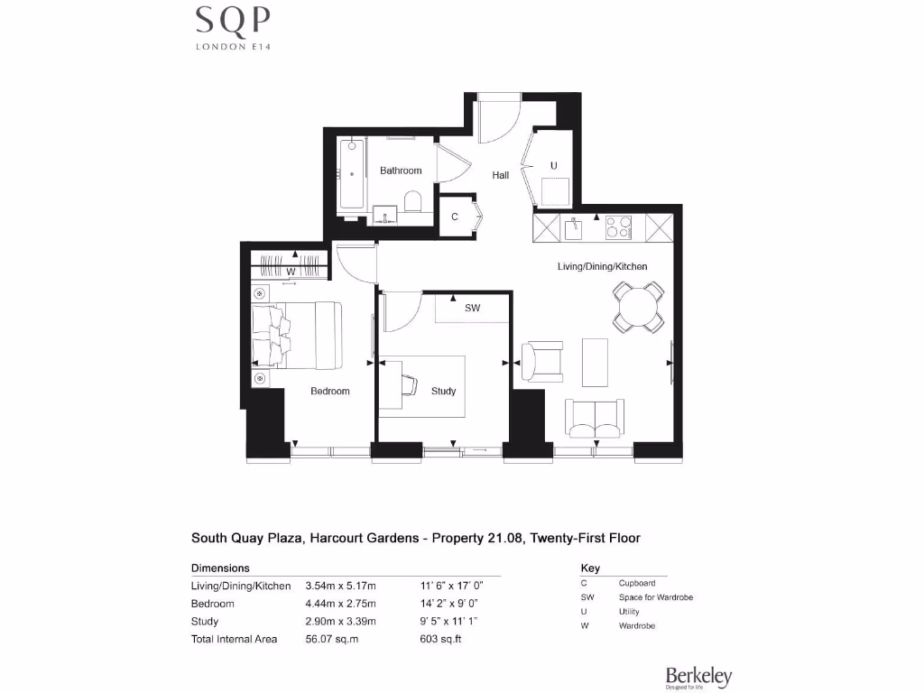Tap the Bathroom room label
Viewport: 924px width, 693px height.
click(400, 171)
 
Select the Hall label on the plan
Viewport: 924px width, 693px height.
click(501, 175)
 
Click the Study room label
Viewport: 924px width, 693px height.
click(443, 391)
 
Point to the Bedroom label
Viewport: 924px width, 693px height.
click(329, 391)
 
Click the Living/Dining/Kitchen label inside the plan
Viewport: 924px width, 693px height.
click(602, 266)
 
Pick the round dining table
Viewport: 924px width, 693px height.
click(638, 307)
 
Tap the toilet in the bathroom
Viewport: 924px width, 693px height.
click(414, 200)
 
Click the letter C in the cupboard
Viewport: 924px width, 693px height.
click(455, 217)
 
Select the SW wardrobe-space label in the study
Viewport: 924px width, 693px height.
click(472, 308)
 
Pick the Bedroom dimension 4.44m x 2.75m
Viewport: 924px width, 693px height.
click(340, 604)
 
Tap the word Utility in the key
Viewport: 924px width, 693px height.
click(630, 612)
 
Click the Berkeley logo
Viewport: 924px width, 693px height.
click(698, 677)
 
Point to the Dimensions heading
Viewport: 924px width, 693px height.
click(220, 568)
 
